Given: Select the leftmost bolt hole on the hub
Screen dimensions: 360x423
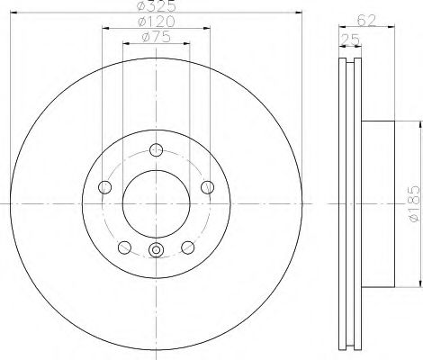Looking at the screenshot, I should point(103,187).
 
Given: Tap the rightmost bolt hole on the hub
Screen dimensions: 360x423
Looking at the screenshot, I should point(209,186).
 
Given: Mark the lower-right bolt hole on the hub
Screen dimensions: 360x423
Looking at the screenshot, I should point(188,247).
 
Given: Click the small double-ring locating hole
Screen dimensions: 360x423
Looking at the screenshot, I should point(157,250).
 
